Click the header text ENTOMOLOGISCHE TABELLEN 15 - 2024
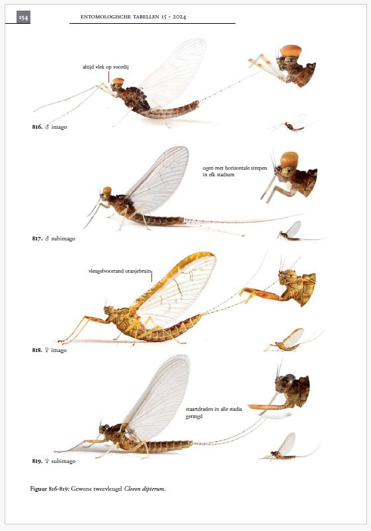(133, 17)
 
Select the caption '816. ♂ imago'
(50, 126)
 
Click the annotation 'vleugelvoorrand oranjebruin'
(120, 270)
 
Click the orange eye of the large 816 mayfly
(118, 82)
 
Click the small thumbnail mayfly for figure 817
(291, 231)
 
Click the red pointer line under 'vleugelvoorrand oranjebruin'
(151, 277)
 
